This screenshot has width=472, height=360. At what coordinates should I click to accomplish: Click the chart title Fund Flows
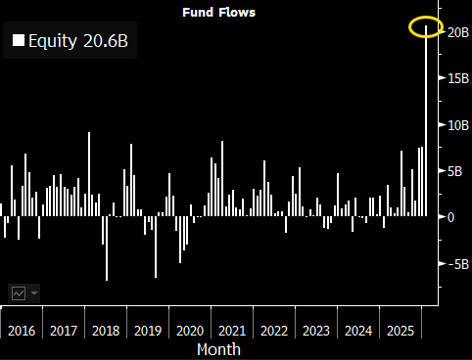pyautogui.click(x=219, y=13)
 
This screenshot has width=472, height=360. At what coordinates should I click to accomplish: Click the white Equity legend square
pyautogui.click(x=18, y=41)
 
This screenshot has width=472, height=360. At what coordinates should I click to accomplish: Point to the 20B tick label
pyautogui.click(x=455, y=32)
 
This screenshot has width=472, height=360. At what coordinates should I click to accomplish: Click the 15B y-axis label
pyautogui.click(x=455, y=78)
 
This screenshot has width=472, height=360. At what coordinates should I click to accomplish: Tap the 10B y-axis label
pyautogui.click(x=455, y=124)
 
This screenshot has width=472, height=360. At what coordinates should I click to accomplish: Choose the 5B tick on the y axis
pyautogui.click(x=452, y=170)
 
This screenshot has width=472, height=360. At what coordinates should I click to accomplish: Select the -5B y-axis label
pyautogui.click(x=455, y=263)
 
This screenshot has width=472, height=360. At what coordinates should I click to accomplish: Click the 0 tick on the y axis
pyautogui.click(x=451, y=216)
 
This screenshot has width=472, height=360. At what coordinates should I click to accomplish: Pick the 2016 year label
pyautogui.click(x=22, y=330)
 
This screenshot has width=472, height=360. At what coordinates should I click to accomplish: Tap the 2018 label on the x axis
pyautogui.click(x=106, y=330)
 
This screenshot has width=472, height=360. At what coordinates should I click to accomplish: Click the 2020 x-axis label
pyautogui.click(x=190, y=330)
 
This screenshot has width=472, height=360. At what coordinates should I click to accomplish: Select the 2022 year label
pyautogui.click(x=274, y=330)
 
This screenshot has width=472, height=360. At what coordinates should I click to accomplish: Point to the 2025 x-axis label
pyautogui.click(x=401, y=330)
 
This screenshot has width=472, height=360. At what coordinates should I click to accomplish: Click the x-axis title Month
pyautogui.click(x=218, y=348)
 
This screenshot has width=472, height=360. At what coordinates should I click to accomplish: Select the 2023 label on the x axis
pyautogui.click(x=316, y=330)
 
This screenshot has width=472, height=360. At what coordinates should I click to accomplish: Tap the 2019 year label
pyautogui.click(x=148, y=330)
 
